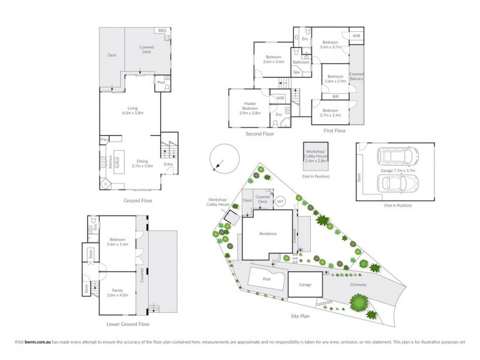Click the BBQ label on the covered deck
click(x=162, y=31)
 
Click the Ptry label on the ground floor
click(x=104, y=140)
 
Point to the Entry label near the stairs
click(x=168, y=165)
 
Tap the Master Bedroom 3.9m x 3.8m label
click(x=250, y=108)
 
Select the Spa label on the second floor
click(x=296, y=72)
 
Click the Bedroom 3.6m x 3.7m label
click(x=331, y=44)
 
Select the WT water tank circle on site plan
click(x=280, y=202)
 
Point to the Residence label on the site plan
click(x=268, y=233)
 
